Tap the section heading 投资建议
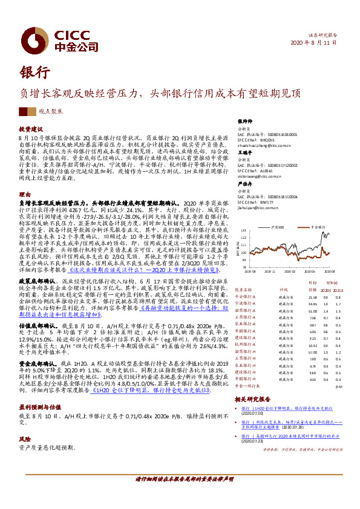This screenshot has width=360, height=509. [x=30, y=129]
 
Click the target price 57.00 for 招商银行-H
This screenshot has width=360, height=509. [x=312, y=351]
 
